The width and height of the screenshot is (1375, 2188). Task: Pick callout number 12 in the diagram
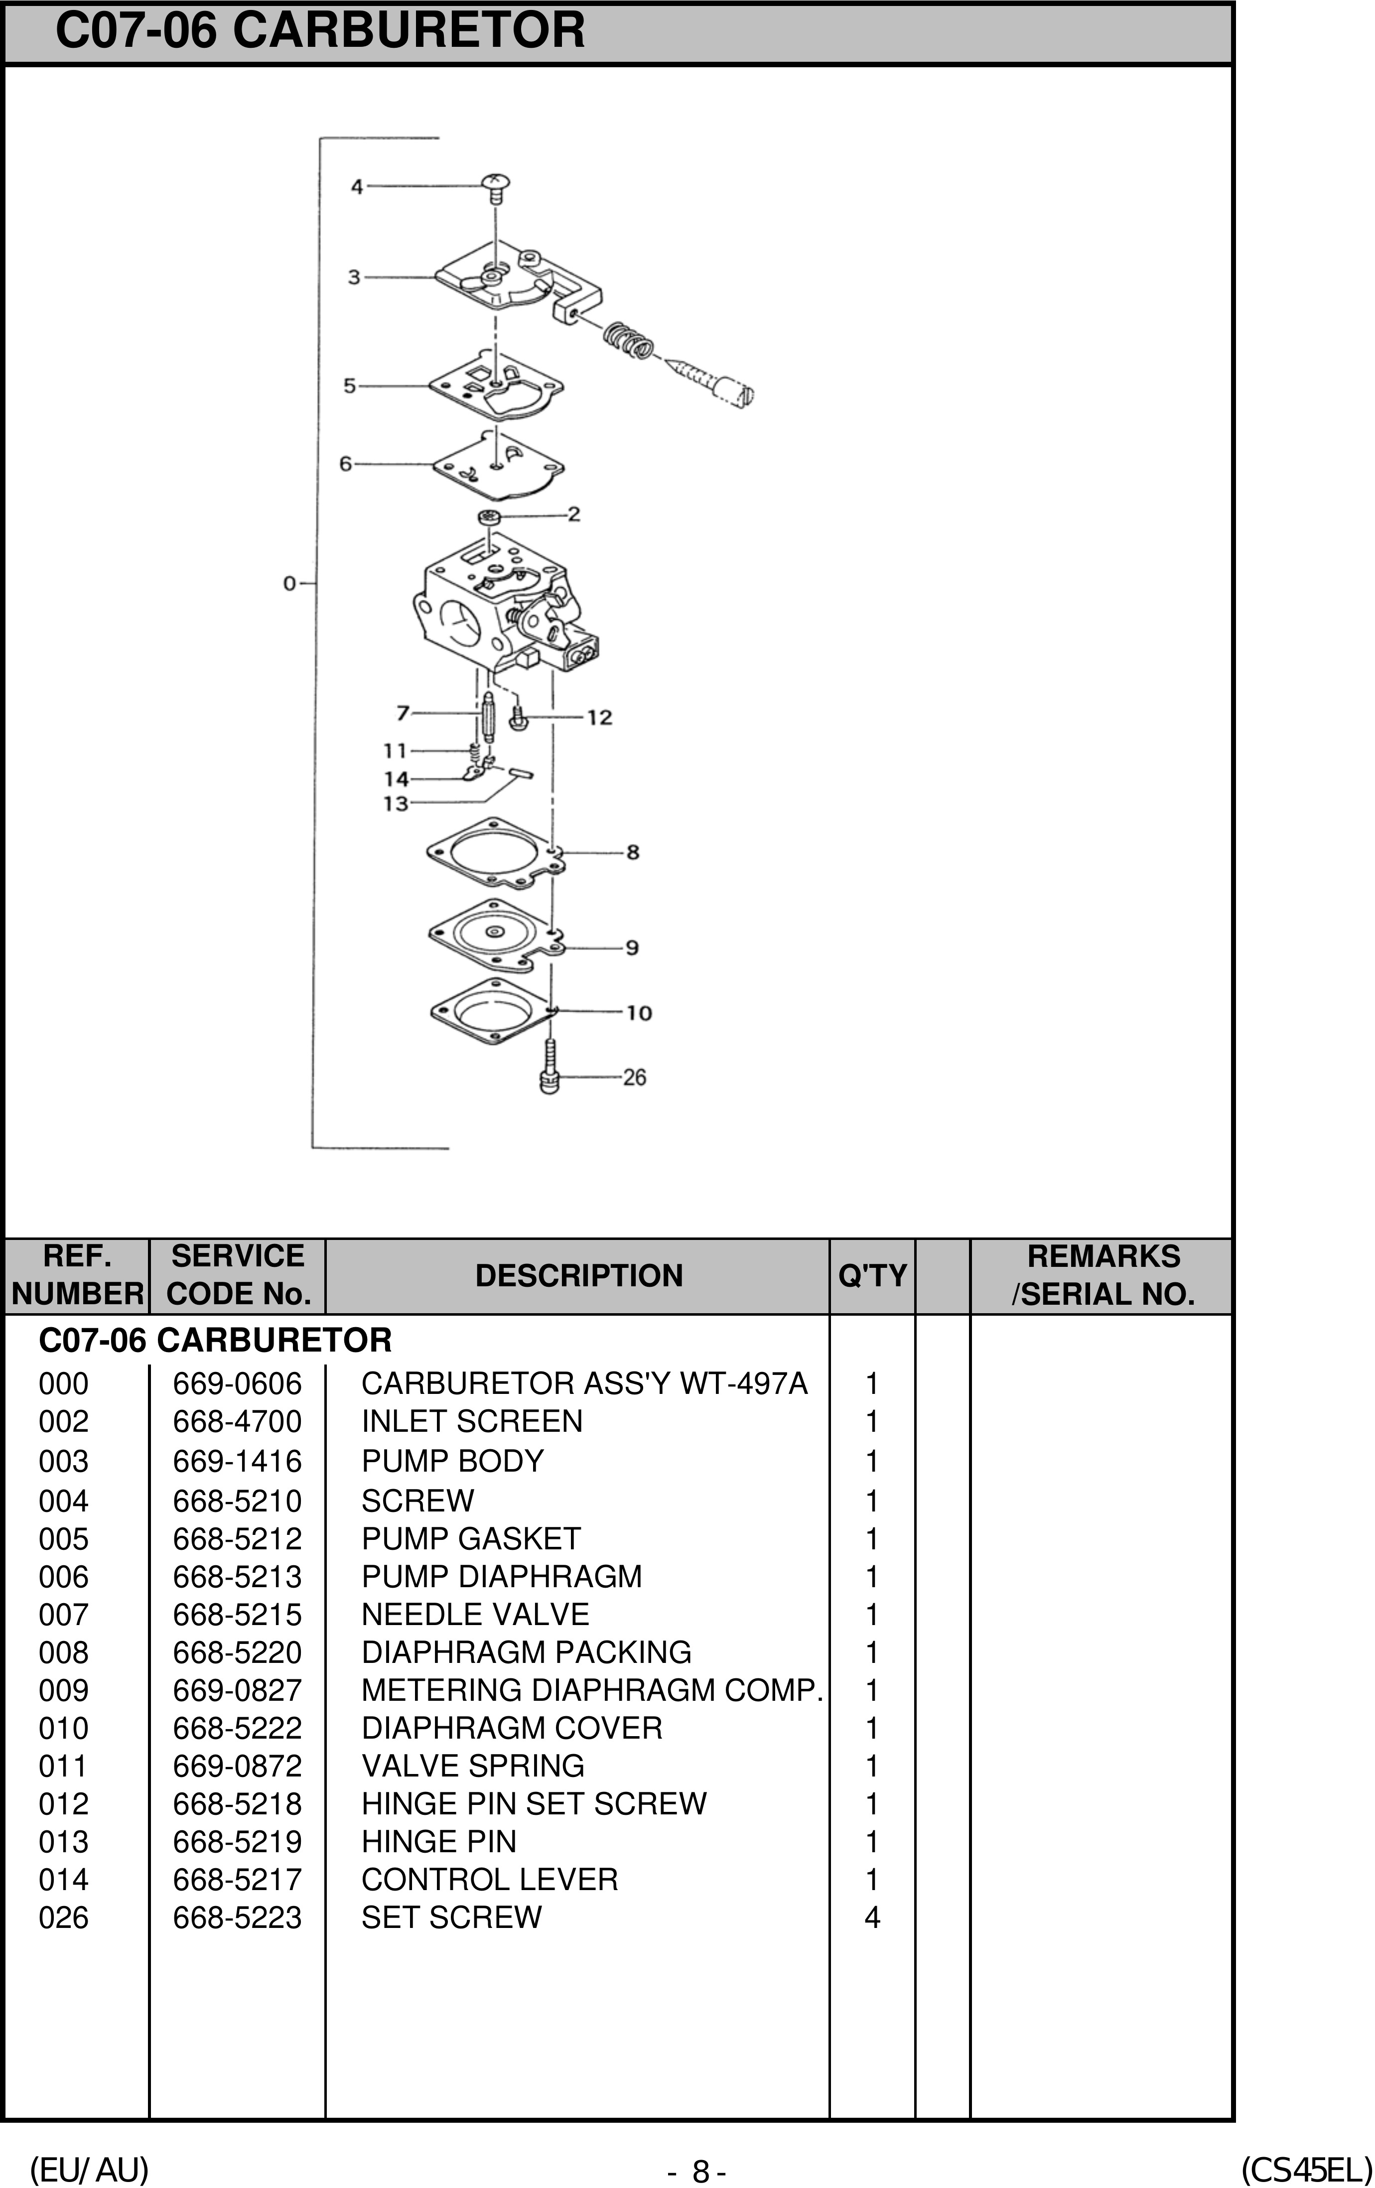coord(600,718)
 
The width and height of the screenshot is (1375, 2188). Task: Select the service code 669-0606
coord(237,1384)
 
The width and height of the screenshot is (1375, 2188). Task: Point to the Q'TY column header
coord(871,1276)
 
